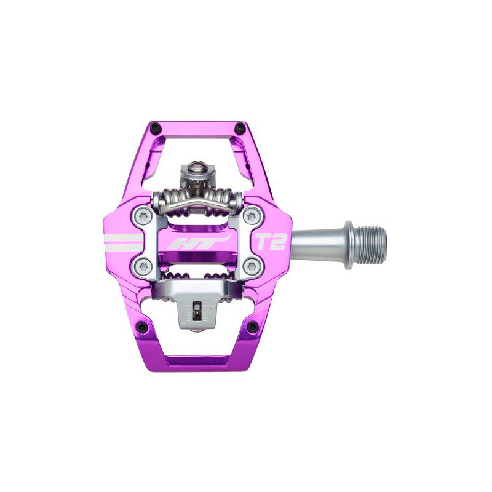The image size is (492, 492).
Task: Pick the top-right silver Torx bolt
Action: tap(250, 216)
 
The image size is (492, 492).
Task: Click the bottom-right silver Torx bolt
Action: tap(250, 267)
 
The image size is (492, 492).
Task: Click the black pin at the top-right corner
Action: tap(240, 127)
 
